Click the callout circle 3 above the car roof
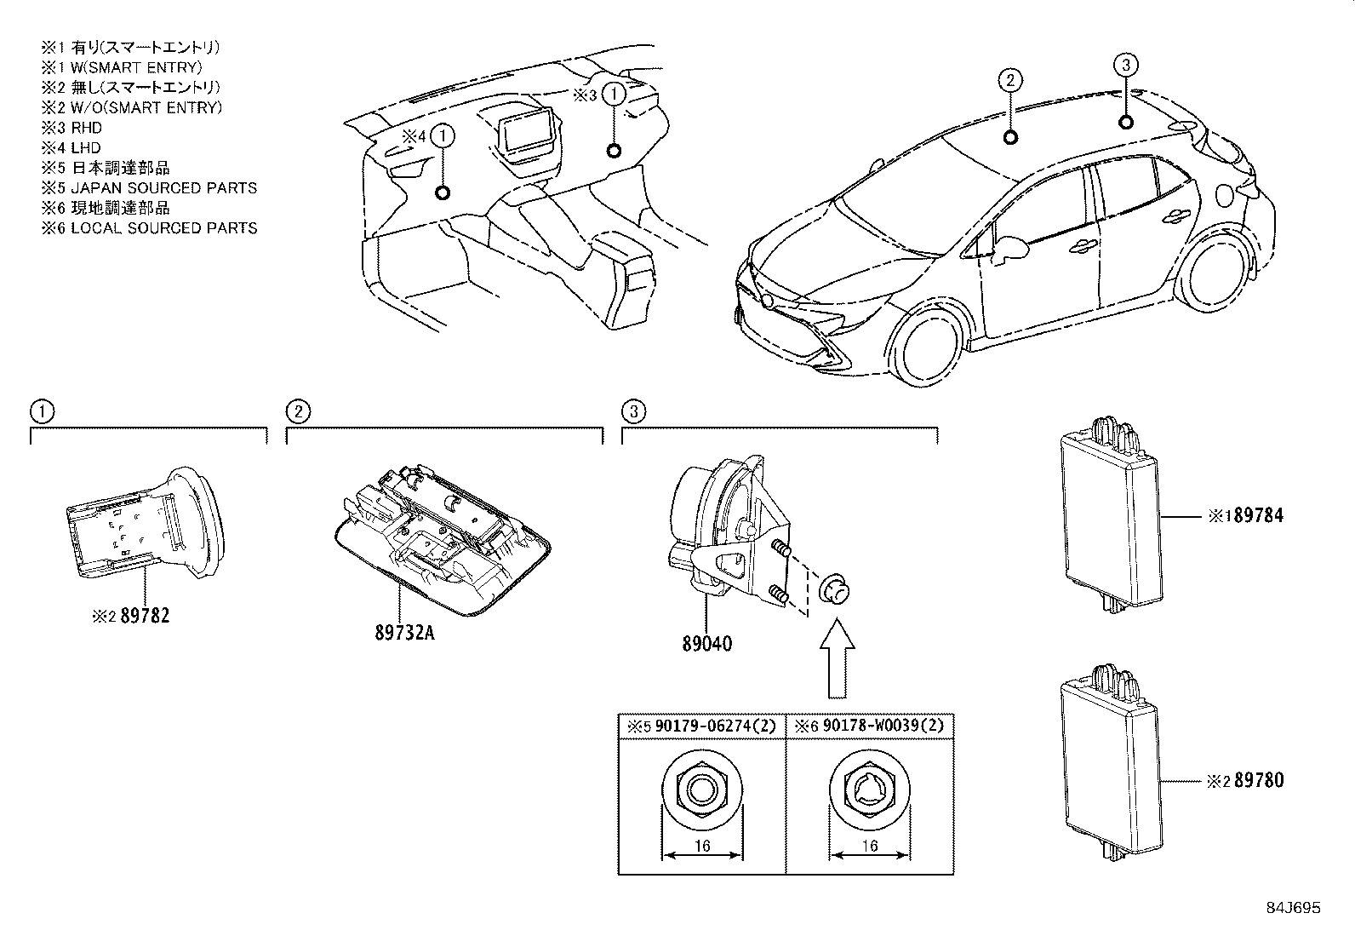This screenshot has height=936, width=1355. click(1125, 66)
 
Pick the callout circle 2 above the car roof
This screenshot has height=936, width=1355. click(1009, 82)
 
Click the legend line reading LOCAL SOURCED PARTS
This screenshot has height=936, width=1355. click(163, 228)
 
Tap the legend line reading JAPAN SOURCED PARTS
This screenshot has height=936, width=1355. click(163, 188)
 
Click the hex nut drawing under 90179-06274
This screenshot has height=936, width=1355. click(702, 790)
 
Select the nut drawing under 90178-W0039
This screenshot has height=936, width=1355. click(870, 790)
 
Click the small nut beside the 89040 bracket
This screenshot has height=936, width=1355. click(833, 589)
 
